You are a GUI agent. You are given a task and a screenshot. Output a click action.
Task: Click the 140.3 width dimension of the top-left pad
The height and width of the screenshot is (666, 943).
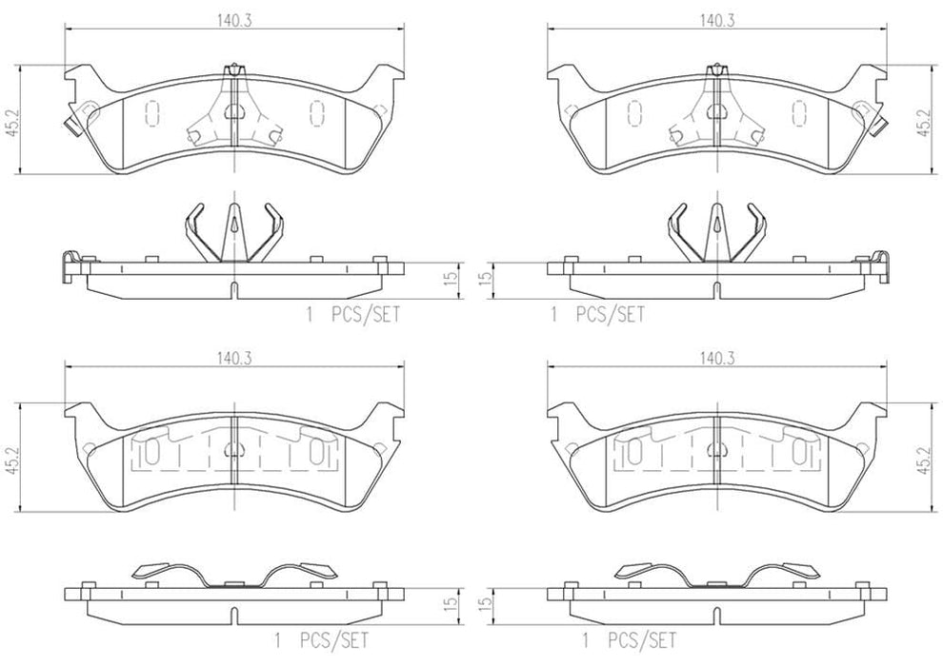[226, 18]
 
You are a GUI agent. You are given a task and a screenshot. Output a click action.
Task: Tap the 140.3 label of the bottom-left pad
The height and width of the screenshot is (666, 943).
[226, 358]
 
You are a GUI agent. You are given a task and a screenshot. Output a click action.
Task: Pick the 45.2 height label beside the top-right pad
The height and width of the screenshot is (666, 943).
[923, 120]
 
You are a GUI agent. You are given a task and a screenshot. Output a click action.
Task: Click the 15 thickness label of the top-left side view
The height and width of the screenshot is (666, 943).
[453, 279]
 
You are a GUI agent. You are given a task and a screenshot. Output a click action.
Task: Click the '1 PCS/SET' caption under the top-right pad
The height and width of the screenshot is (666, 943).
[596, 314]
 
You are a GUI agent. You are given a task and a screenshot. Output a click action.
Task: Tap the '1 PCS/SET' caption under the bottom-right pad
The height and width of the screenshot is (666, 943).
[629, 640]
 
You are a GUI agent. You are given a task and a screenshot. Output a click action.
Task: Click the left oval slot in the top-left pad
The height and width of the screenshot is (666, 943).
[150, 113]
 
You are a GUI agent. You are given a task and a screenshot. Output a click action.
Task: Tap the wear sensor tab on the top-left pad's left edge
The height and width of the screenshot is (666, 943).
[69, 124]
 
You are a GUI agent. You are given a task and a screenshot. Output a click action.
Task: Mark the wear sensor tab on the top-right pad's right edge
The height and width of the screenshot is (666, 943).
[881, 124]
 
